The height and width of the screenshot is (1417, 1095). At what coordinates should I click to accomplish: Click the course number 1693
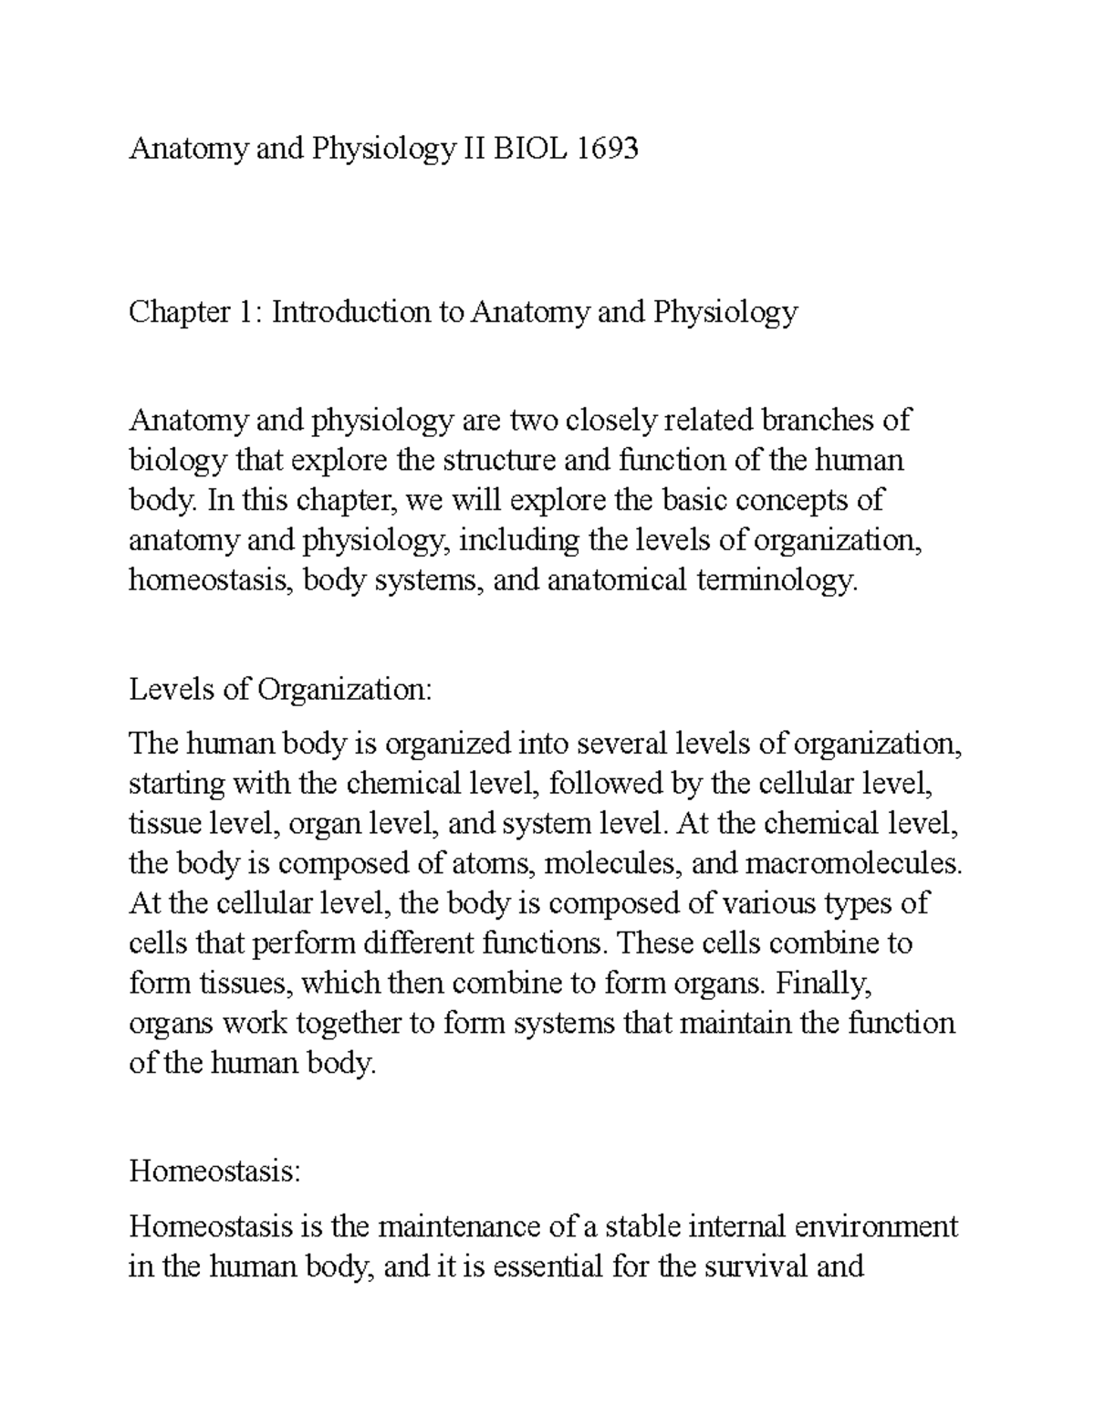(x=607, y=149)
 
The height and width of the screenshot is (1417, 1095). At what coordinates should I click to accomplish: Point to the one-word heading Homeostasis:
(x=214, y=1171)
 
